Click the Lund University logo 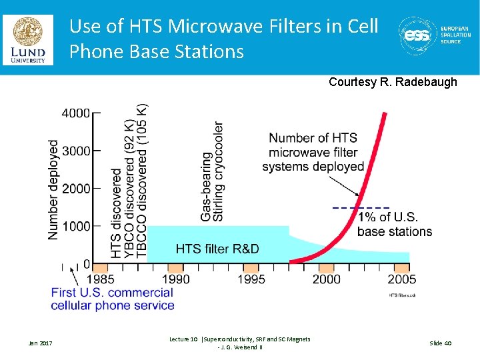pos(27,40)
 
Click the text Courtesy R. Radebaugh pos(393,82)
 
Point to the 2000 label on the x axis pos(326,279)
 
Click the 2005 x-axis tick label pos(401,279)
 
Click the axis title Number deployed pos(53,189)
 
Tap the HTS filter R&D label pos(217,249)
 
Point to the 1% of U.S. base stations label pos(394,225)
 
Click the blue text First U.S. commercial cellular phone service pos(112,299)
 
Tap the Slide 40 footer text pos(440,343)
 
